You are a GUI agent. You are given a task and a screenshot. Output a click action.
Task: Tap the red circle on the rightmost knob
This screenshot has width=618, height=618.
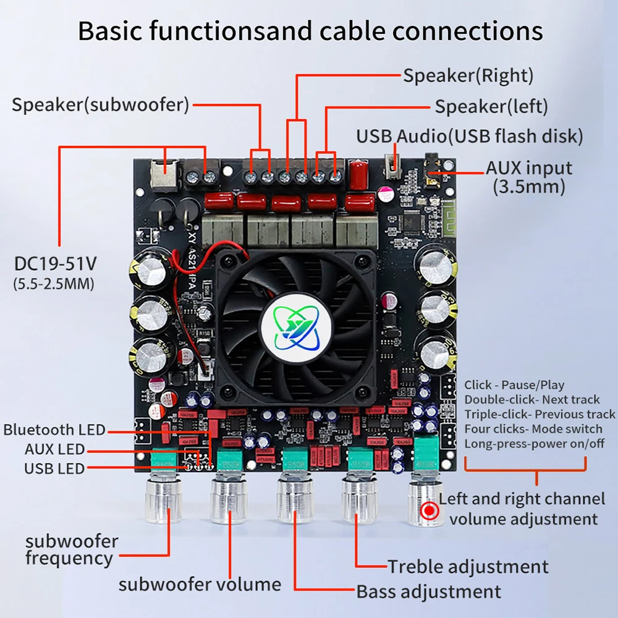[430, 511]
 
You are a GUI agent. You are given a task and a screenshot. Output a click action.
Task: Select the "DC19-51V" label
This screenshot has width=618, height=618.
[56, 264]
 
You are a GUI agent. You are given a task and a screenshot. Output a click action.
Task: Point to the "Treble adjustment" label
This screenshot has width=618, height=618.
[468, 566]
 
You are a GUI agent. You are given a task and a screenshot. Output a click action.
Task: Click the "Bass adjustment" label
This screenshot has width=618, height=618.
[428, 591]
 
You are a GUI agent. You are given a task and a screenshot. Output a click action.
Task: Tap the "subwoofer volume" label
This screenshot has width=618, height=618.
[200, 584]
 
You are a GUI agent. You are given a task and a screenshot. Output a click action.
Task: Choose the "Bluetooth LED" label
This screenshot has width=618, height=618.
[54, 430]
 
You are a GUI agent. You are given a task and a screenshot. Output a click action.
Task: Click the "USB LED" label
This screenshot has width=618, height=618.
[54, 468]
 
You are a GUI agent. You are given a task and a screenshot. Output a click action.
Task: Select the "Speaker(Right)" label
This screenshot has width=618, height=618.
[468, 76]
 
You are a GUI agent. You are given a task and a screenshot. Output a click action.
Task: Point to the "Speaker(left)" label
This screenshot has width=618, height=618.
[491, 106]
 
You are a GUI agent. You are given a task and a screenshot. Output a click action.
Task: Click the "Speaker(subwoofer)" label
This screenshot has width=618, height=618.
[100, 104]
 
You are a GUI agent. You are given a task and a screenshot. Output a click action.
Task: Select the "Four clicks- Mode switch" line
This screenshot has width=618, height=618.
[533, 428]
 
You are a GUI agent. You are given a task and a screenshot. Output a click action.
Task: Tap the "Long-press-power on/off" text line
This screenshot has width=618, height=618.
[535, 443]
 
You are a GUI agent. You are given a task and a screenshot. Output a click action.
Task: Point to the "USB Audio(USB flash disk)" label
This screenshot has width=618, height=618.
[469, 136]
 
